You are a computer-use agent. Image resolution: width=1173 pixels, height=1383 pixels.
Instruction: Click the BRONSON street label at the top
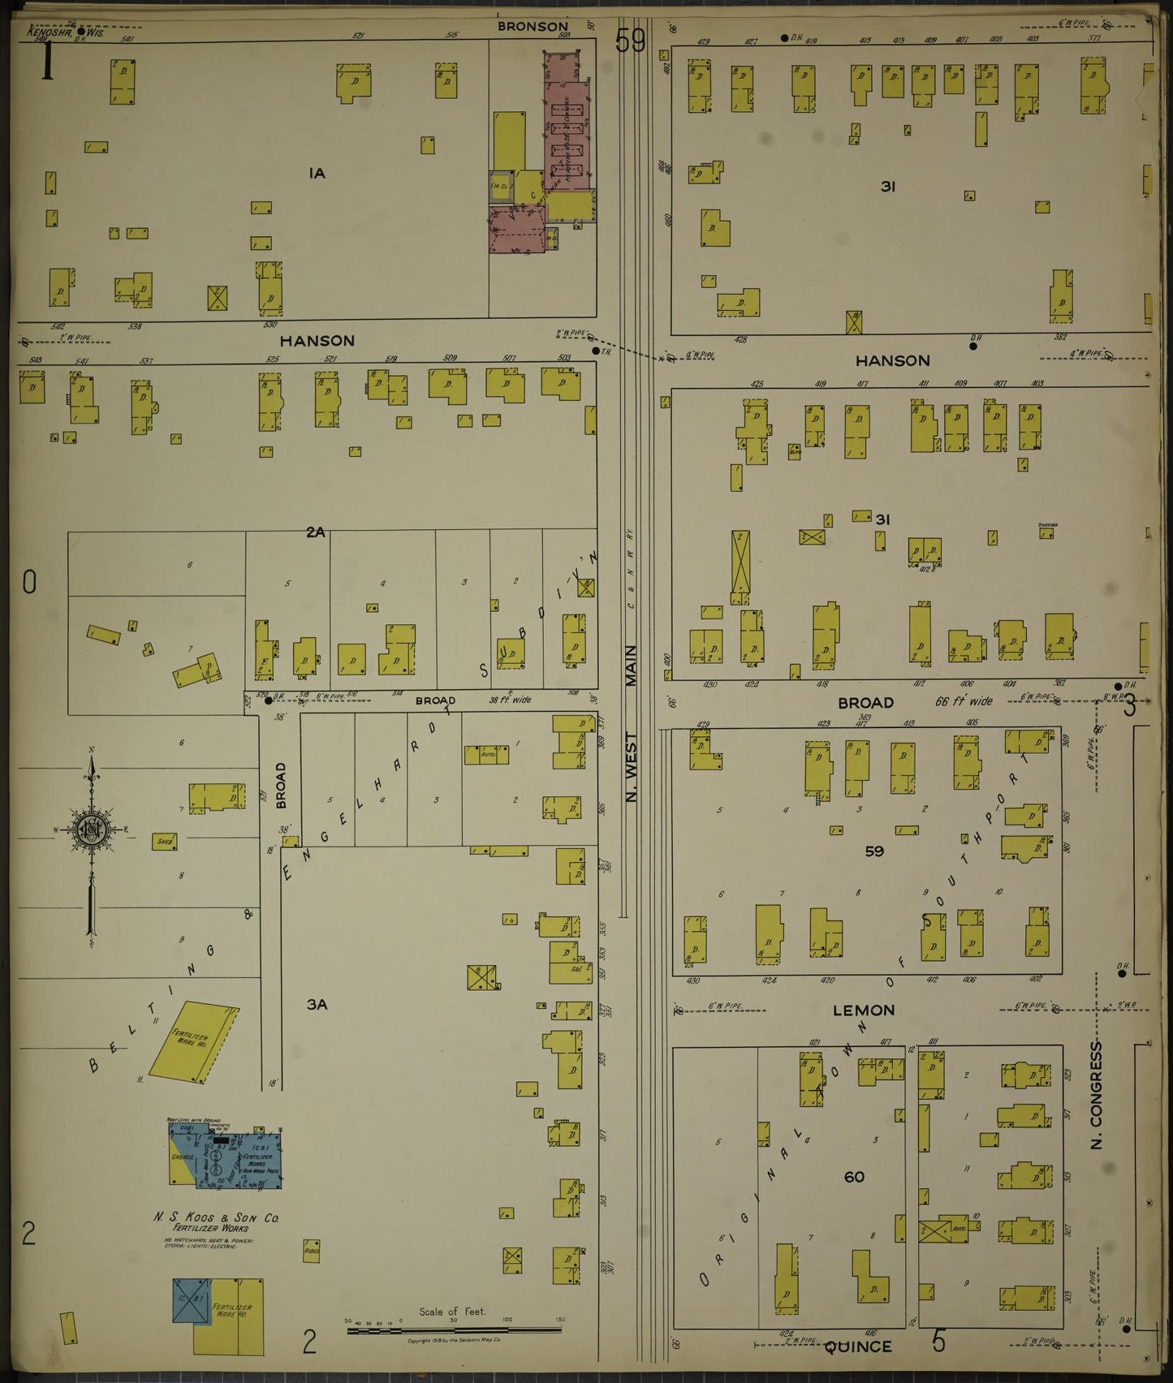pyautogui.click(x=533, y=27)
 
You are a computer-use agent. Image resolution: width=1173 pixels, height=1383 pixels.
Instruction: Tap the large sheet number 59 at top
pyautogui.click(x=630, y=40)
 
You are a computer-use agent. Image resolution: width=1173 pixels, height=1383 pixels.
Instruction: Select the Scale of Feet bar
pyautogui.click(x=455, y=1331)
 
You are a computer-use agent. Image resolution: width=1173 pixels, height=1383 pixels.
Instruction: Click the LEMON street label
pyautogui.click(x=864, y=1010)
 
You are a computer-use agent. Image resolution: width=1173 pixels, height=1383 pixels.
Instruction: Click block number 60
pyautogui.click(x=854, y=1177)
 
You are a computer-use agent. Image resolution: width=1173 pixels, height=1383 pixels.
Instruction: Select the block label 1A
pyautogui.click(x=317, y=173)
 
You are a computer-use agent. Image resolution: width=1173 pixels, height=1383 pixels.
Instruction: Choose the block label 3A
pyautogui.click(x=317, y=1005)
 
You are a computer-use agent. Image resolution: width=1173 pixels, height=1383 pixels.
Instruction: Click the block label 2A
pyautogui.click(x=315, y=532)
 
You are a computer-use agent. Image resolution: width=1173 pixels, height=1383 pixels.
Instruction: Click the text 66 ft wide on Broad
pyautogui.click(x=963, y=701)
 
